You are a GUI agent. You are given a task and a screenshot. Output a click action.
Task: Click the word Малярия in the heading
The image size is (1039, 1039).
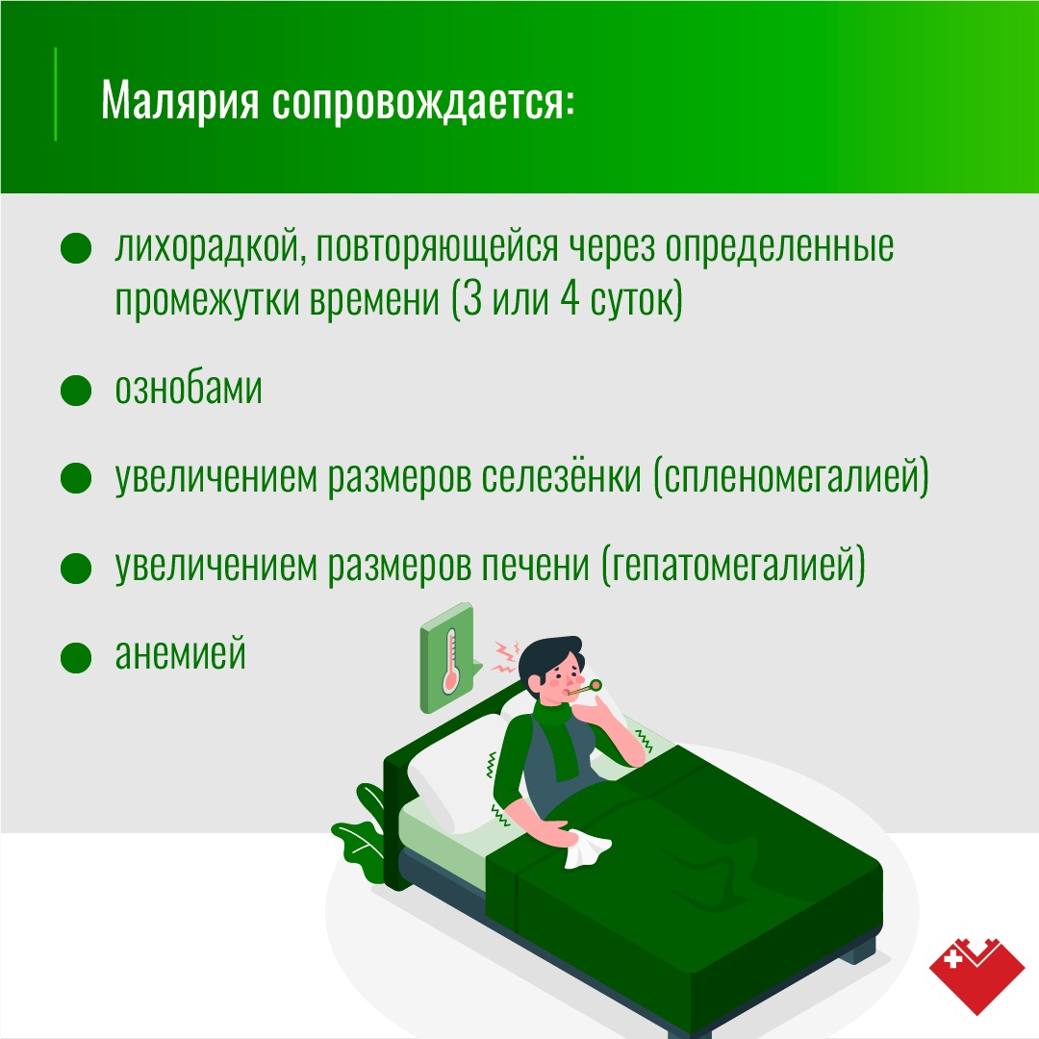click(x=180, y=101)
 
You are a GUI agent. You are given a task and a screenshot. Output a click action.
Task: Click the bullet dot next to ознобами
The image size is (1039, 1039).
click(x=76, y=390)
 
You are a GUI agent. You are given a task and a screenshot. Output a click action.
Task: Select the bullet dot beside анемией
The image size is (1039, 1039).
click(x=76, y=657)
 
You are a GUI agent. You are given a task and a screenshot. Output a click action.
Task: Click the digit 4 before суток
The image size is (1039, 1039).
click(x=570, y=299)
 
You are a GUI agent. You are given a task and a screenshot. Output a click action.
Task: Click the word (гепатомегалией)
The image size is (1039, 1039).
click(x=733, y=566)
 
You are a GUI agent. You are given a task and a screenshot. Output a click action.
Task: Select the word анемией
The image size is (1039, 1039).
click(x=180, y=653)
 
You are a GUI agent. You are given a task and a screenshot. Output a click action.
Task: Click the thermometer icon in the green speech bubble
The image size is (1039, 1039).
click(x=450, y=660)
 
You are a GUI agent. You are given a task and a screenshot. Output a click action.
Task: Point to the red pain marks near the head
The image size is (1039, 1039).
click(x=505, y=657)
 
